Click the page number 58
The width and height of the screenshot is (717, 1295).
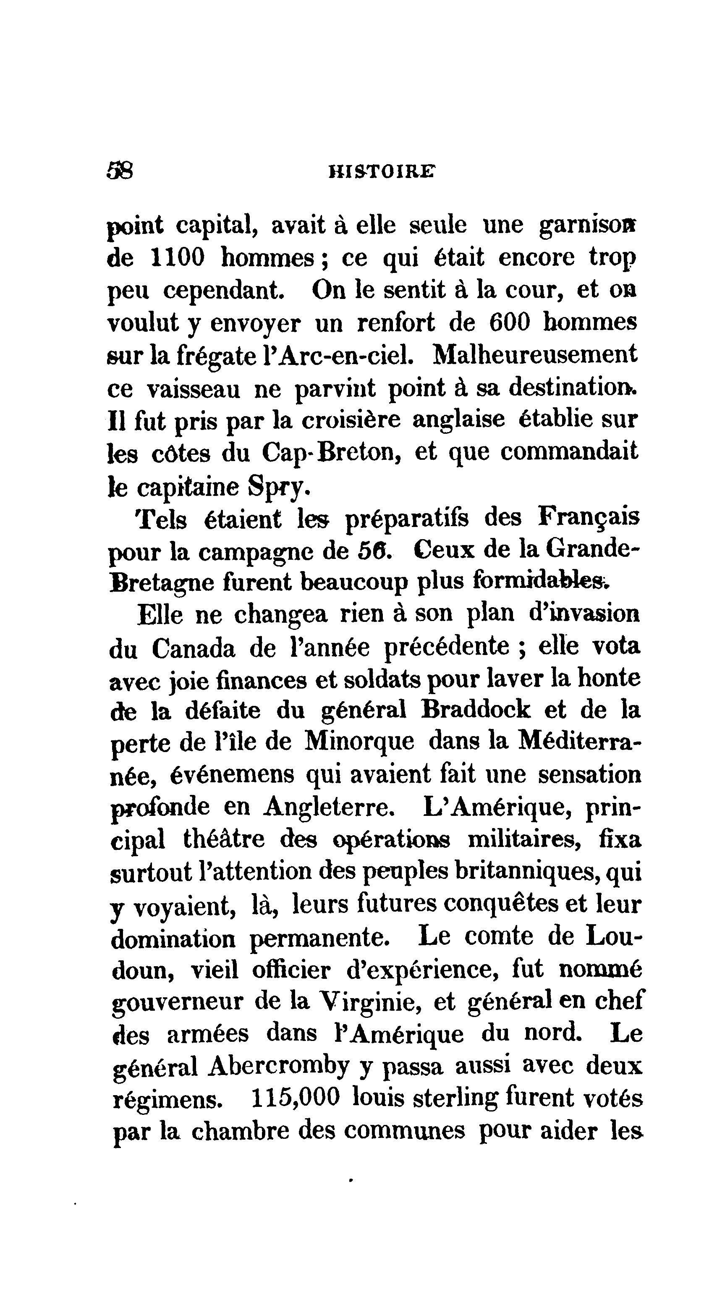[x=120, y=171]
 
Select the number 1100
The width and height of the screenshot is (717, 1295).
[x=178, y=258]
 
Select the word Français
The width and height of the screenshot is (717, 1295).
[x=589, y=518]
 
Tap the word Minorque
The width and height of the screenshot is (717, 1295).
[x=360, y=742]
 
